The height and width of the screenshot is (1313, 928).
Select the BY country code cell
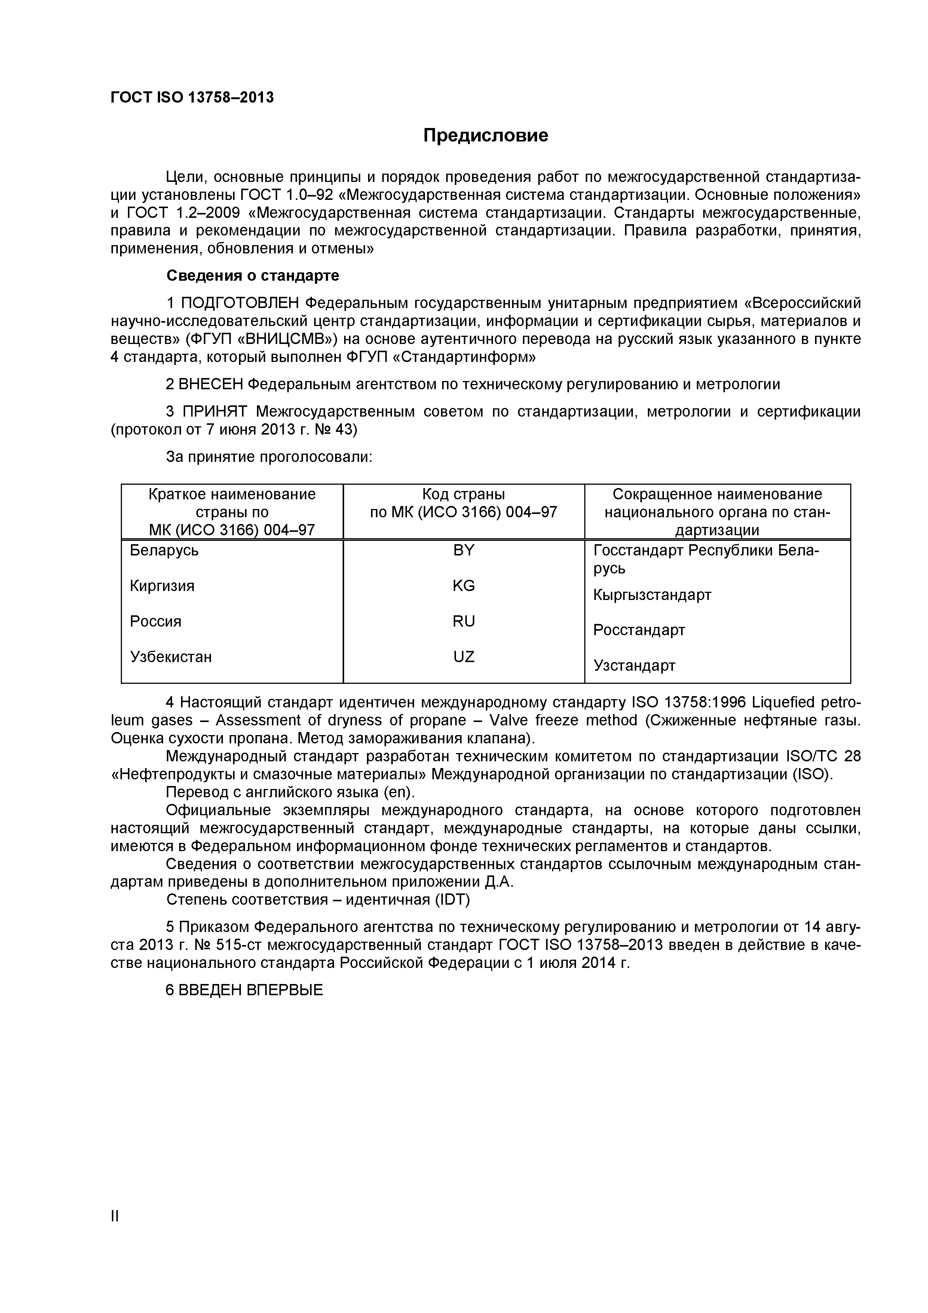coord(463,551)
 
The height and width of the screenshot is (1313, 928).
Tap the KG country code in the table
coord(463,586)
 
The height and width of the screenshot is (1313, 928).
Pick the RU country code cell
coord(463,622)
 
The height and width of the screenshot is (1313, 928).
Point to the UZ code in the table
coord(463,657)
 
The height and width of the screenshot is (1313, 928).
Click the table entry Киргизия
coord(162,586)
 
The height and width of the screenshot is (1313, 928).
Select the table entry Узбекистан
coord(171,657)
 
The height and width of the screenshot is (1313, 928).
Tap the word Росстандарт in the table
coord(639,630)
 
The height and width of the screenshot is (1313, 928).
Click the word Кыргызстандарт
coord(652,595)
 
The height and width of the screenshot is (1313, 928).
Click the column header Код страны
coord(463,494)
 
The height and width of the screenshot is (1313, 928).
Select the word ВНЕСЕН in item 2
coord(211,384)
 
